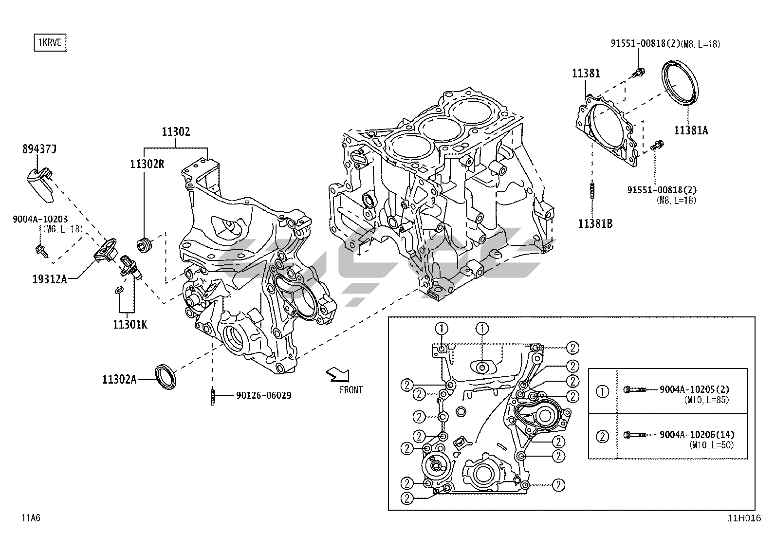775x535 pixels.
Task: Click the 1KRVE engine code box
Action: click(x=50, y=42)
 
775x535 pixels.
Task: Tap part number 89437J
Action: click(x=39, y=149)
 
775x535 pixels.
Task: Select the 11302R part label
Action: click(x=147, y=164)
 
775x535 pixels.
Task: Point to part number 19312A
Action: click(x=50, y=279)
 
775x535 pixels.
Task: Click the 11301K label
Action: click(x=130, y=324)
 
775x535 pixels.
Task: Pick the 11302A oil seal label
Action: click(x=119, y=379)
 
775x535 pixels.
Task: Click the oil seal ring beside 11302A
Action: click(x=166, y=375)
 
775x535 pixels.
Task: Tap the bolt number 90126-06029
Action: click(x=263, y=395)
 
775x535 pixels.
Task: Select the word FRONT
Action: click(x=351, y=389)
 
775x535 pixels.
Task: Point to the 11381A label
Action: click(x=691, y=130)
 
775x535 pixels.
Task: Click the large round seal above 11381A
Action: click(x=681, y=82)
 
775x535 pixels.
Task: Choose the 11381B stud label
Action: click(x=595, y=224)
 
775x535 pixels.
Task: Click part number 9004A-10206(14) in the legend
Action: click(x=697, y=434)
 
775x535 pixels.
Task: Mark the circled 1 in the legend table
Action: click(x=603, y=391)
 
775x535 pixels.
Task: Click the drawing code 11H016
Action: click(x=743, y=518)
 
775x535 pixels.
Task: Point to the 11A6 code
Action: click(x=31, y=518)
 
